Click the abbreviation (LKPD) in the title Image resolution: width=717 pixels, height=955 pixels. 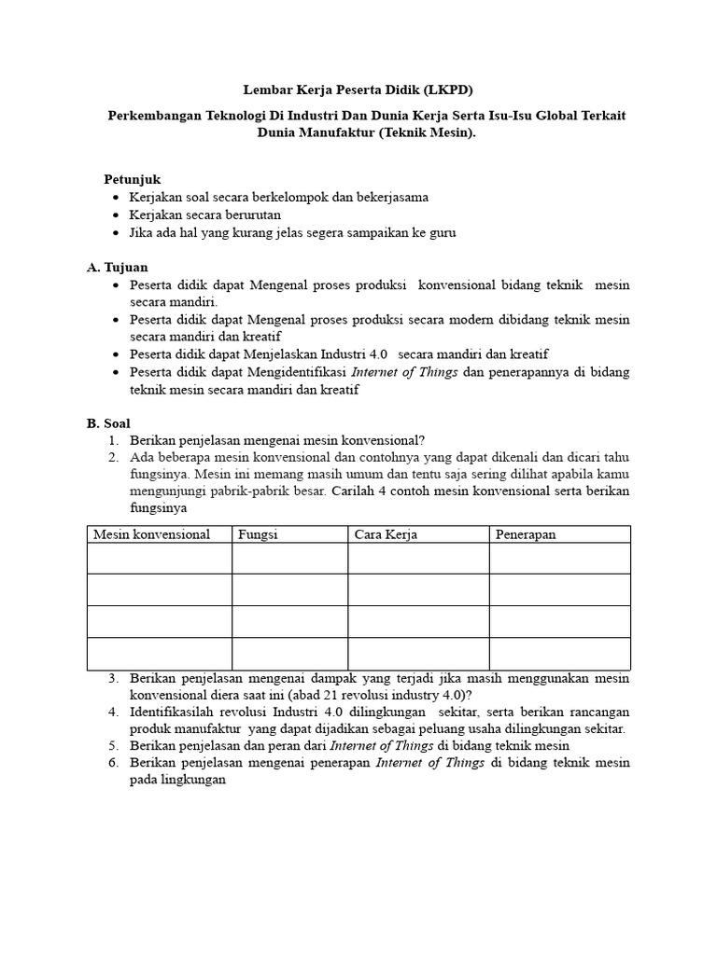click(448, 90)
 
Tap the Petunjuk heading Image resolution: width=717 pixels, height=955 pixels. click(132, 179)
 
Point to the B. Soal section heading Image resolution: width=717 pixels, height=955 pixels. click(109, 422)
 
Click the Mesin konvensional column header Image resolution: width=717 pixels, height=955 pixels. click(151, 534)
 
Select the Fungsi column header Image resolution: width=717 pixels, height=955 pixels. click(259, 534)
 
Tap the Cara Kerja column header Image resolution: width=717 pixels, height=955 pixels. click(386, 534)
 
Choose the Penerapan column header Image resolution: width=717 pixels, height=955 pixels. click(526, 534)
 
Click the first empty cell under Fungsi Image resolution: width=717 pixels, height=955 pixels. click(289, 559)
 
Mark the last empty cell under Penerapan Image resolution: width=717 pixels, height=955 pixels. click(559, 654)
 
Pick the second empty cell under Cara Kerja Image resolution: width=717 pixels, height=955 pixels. click(418, 589)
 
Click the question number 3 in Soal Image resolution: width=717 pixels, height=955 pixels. click(112, 678)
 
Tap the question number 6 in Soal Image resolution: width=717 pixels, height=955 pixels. click(112, 763)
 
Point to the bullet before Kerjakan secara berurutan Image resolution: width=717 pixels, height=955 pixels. click(115, 215)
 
